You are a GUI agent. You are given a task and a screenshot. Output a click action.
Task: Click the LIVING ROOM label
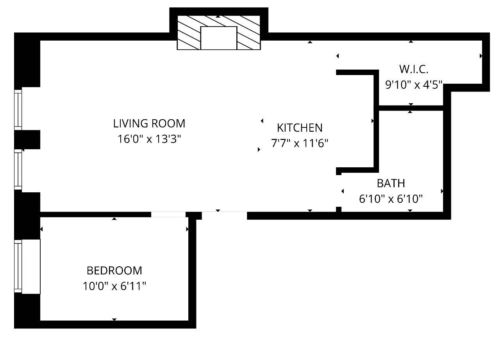(x=149, y=124)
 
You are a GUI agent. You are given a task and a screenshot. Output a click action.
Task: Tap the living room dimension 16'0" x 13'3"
(x=149, y=139)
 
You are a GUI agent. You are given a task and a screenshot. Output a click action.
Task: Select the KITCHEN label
(x=300, y=128)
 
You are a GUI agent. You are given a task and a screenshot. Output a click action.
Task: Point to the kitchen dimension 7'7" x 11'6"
(x=299, y=143)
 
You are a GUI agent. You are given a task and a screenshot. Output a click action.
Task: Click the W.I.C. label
(x=413, y=70)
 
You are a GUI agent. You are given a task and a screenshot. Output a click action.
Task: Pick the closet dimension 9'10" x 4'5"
(x=413, y=85)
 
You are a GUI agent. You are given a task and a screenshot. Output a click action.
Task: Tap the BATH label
(x=391, y=183)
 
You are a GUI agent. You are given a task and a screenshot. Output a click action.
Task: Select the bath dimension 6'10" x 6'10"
(x=391, y=199)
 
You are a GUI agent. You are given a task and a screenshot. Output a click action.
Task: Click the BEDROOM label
(x=114, y=270)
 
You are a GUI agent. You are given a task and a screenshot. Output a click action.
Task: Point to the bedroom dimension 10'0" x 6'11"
(x=114, y=287)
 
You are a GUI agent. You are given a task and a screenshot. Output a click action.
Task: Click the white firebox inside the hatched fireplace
(x=218, y=38)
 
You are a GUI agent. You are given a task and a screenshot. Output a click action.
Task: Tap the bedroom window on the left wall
(x=18, y=267)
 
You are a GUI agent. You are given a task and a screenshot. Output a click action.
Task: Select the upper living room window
(x=18, y=110)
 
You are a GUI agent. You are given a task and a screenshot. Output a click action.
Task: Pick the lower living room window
(x=18, y=170)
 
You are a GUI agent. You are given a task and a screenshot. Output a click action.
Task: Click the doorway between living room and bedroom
(x=168, y=214)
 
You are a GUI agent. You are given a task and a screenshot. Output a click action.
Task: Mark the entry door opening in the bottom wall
(x=224, y=214)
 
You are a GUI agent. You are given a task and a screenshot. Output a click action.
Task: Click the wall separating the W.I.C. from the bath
(x=410, y=108)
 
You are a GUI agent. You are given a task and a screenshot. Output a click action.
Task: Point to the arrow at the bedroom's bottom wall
(x=114, y=319)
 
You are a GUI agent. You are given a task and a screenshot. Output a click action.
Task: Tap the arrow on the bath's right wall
(x=442, y=191)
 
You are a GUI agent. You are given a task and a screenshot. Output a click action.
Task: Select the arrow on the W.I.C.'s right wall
(x=481, y=56)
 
